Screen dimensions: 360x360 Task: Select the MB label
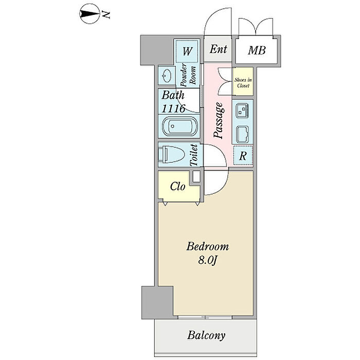[x=257, y=50]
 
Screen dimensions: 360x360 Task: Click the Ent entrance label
[x=219, y=49]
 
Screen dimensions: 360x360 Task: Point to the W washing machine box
[x=188, y=51]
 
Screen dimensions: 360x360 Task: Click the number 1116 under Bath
[x=174, y=109]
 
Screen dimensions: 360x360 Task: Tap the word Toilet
[x=194, y=155]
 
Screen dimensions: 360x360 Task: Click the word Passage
[x=219, y=121]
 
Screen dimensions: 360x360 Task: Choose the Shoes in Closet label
[x=243, y=82]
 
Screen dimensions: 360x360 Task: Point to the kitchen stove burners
[x=243, y=110]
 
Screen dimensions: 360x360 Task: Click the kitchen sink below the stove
[x=243, y=134]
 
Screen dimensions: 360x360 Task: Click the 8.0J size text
[x=207, y=260]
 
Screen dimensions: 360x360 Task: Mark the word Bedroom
[x=207, y=247]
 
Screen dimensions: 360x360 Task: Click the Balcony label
[x=206, y=336]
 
